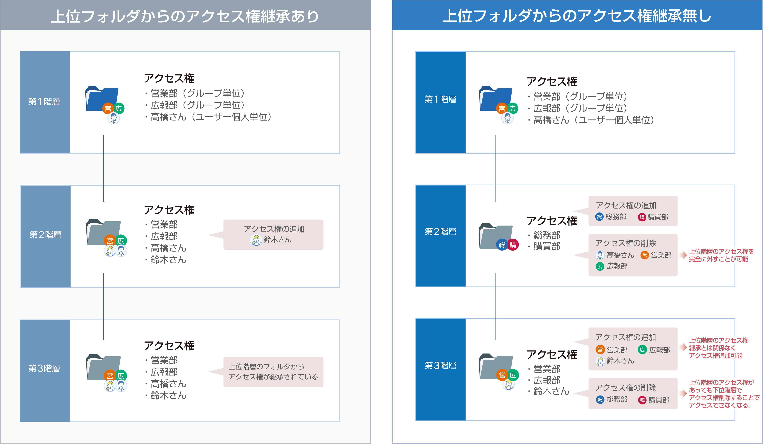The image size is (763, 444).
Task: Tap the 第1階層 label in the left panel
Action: coord(44,102)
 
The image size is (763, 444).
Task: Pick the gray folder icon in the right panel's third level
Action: coord(496,366)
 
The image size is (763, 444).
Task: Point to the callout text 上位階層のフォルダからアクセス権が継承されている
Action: coord(273,372)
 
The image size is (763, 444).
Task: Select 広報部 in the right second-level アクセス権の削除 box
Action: coord(617,266)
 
